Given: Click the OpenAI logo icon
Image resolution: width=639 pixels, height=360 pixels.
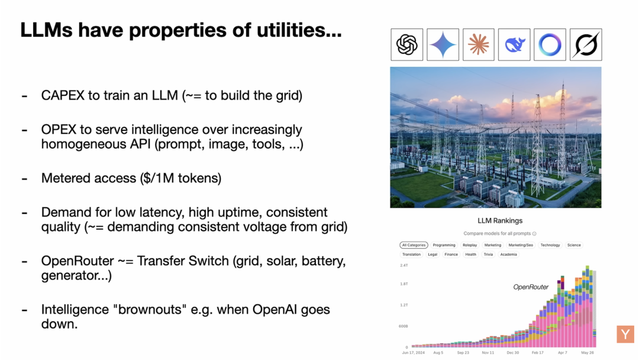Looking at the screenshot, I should click(x=407, y=44).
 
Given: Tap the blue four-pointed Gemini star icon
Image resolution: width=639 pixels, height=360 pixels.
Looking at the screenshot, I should click(x=443, y=44).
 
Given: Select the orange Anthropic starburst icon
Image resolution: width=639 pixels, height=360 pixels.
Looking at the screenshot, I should click(x=478, y=44).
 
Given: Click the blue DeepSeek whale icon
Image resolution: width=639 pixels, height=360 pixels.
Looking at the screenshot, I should click(x=514, y=44).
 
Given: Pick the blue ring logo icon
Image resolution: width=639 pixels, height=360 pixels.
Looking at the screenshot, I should click(x=550, y=44).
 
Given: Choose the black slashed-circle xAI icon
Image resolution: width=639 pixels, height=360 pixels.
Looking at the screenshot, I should click(x=586, y=44).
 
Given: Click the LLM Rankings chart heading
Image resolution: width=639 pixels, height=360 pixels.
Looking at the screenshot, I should click(x=500, y=221).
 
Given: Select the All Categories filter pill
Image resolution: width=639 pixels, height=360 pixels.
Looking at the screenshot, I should click(x=414, y=245).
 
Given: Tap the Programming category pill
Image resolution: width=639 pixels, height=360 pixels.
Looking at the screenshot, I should click(x=444, y=245).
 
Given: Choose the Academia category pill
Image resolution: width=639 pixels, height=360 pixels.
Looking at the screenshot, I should click(x=508, y=255).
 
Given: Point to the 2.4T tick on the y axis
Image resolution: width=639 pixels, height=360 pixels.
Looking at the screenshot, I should click(x=404, y=265).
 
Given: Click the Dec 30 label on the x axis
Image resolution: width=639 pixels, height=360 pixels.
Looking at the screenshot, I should click(x=512, y=352).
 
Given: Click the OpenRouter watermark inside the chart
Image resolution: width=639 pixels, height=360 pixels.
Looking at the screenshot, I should click(x=531, y=287).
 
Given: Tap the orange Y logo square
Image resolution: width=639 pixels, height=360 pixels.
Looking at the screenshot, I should click(x=625, y=334).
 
